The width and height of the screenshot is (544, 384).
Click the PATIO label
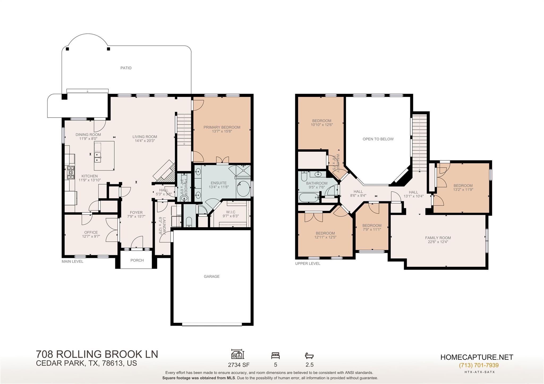click(126, 68)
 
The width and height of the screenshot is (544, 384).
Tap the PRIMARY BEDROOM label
click(222, 127)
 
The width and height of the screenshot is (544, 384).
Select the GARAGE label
click(211, 277)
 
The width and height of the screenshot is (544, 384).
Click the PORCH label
click(137, 260)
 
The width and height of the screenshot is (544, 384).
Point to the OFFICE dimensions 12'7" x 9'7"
click(91, 236)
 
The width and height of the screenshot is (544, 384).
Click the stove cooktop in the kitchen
click(71, 172)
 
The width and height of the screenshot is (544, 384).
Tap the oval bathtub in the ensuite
click(243, 188)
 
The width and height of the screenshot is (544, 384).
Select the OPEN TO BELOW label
click(378, 139)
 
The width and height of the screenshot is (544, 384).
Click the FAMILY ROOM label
click(438, 238)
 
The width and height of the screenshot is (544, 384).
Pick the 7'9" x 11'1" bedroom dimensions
click(372, 230)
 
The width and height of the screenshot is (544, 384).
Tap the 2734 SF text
click(239, 365)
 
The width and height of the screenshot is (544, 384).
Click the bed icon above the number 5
click(275, 355)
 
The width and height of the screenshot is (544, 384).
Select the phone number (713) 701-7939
click(479, 365)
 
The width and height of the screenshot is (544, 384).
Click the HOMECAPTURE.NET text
click(477, 357)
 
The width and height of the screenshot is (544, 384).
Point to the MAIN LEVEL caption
click(72, 261)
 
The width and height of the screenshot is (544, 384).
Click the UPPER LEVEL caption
click(308, 264)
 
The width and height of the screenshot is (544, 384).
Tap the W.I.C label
click(231, 212)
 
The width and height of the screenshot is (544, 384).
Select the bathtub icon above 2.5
click(309, 356)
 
